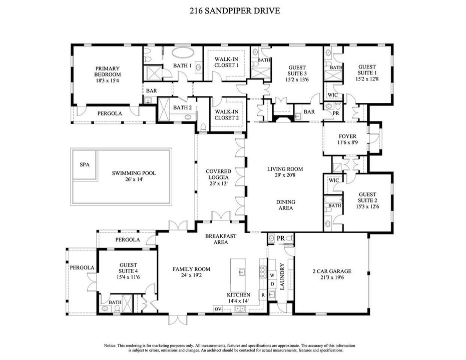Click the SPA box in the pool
click(x=85, y=164)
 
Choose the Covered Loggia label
click(x=218, y=177)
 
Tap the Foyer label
click(x=347, y=138)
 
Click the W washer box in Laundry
click(x=272, y=275)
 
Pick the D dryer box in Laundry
click(x=272, y=284)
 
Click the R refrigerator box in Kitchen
click(x=263, y=295)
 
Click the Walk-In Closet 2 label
click(x=226, y=114)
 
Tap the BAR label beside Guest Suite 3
click(x=309, y=112)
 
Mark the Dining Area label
click(x=286, y=205)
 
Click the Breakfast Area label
click(x=221, y=238)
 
